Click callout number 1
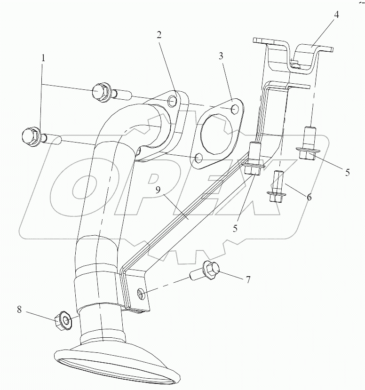tap(43, 58)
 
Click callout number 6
tap(309, 198)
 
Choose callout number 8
tap(19, 310)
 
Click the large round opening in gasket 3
tap(217, 137)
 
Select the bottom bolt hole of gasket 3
tap(198, 157)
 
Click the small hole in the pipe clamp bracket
tap(140, 294)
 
